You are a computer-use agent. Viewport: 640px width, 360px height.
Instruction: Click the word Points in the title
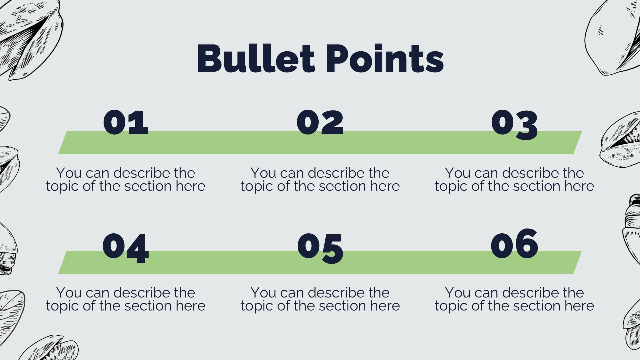384,58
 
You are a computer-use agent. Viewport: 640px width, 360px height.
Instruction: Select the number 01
126,122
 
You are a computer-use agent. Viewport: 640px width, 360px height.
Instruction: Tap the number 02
320,122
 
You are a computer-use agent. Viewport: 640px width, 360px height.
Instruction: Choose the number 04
126,248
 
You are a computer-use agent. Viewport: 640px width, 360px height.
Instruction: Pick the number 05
320,248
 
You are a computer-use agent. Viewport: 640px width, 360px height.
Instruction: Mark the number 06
514,244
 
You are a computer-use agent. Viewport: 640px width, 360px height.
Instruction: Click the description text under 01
126,180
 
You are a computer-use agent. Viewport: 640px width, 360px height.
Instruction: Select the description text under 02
320,180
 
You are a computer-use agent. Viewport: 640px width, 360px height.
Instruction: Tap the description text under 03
514,180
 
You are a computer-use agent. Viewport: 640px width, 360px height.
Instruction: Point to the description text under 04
126,299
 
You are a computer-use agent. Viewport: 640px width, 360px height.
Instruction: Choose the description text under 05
320,299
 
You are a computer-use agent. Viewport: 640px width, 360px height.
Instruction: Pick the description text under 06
514,299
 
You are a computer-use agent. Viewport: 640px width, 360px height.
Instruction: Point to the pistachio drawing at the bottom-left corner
50,348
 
